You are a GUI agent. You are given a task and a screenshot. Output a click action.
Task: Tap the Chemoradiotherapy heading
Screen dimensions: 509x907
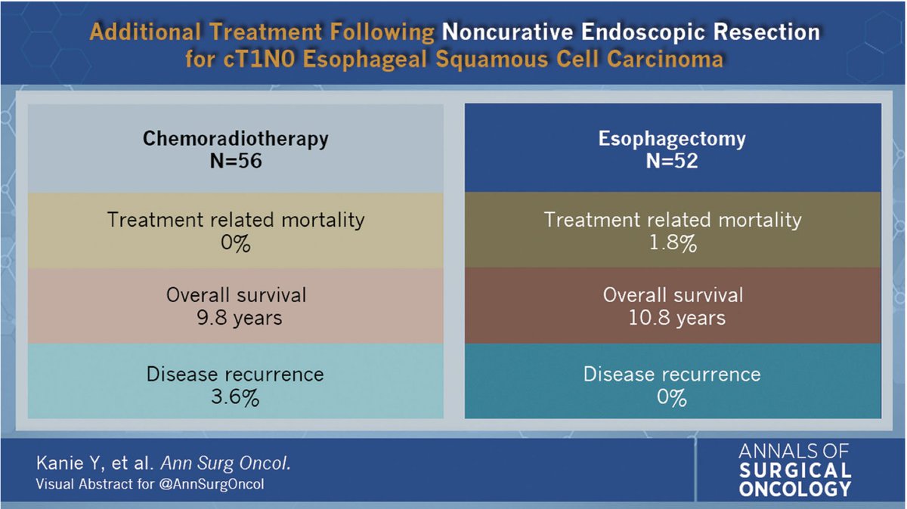pos(236,138)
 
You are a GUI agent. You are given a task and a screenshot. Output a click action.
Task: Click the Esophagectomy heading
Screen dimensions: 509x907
pos(672,138)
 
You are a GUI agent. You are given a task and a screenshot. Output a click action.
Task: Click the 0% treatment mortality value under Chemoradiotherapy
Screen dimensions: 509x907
pos(236,245)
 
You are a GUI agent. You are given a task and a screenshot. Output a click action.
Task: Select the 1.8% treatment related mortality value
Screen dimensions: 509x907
pos(672,245)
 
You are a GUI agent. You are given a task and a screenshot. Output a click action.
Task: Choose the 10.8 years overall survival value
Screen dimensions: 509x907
pos(672,318)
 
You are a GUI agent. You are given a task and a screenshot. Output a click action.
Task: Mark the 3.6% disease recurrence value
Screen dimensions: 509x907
pos(236,397)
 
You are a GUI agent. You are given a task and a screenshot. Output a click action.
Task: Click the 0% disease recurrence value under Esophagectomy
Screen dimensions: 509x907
pos(672,397)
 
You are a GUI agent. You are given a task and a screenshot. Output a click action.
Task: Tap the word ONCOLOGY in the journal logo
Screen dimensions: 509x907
pos(796,489)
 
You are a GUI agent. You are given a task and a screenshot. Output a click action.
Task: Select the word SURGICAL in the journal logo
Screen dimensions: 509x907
pos(795,470)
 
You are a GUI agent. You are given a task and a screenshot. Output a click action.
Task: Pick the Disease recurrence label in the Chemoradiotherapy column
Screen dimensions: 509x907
pos(236,374)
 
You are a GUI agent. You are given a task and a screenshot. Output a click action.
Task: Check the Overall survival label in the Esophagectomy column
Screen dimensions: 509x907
pos(672,295)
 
